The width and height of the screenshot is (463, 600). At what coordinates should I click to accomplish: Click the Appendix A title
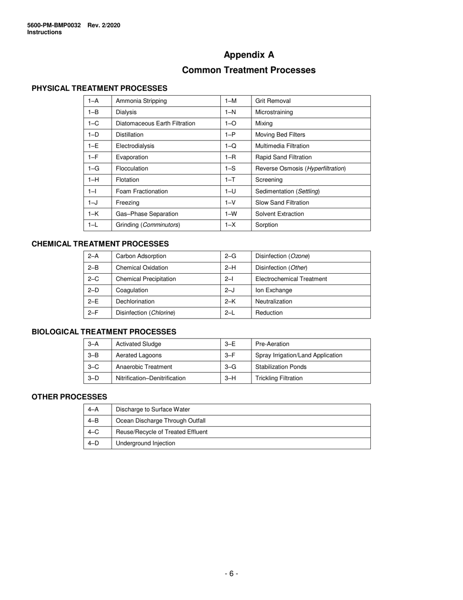click(249, 55)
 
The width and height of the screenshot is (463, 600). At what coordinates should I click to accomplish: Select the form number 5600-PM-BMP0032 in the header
click(54, 25)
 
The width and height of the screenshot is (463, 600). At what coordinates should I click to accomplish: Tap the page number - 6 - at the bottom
click(231, 574)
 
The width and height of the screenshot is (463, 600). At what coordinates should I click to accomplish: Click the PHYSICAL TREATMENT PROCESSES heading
click(99, 88)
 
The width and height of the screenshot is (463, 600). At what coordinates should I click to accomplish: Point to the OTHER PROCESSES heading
click(69, 397)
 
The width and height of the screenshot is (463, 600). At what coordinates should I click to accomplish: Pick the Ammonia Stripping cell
click(141, 101)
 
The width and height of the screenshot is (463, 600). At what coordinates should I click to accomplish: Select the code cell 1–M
click(231, 101)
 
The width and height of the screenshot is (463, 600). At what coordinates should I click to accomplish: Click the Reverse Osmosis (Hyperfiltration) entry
click(301, 168)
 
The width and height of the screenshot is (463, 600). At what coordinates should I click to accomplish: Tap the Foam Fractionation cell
click(142, 191)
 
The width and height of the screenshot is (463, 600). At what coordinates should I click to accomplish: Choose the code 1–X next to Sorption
click(231, 225)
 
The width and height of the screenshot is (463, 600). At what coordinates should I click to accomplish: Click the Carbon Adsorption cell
click(141, 256)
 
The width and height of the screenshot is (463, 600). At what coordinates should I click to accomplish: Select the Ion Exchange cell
click(274, 290)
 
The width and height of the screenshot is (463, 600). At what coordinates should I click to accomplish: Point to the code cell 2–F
click(93, 313)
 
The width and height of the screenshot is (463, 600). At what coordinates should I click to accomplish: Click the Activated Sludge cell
click(138, 344)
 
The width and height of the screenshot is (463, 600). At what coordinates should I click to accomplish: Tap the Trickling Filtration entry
click(279, 378)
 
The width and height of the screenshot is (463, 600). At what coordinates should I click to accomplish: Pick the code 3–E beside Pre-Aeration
click(230, 344)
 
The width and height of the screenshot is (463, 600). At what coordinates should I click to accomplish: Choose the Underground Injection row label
click(145, 443)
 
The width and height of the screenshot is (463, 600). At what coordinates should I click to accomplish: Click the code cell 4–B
click(93, 420)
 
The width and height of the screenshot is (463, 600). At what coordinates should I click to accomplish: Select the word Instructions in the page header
click(44, 32)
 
